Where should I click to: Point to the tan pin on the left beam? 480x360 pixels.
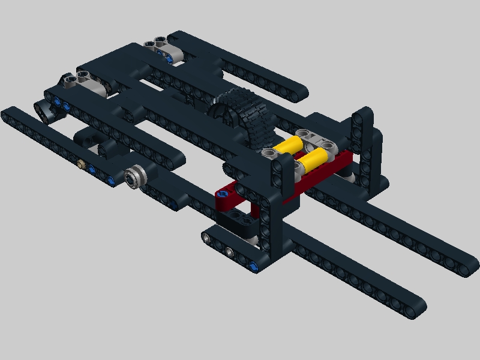point(80,163)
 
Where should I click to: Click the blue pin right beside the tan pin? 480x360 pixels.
point(91,170)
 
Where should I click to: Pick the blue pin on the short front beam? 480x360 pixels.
point(254,266)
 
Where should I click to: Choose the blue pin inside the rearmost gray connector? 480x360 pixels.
point(171,58)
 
